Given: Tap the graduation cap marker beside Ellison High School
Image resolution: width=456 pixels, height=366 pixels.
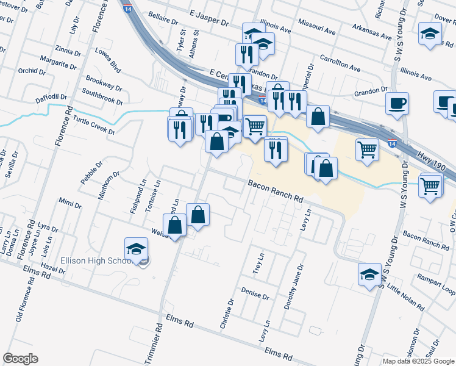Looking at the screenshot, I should click(x=136, y=249).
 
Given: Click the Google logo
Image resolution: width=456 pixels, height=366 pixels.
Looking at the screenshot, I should click(x=21, y=358).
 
